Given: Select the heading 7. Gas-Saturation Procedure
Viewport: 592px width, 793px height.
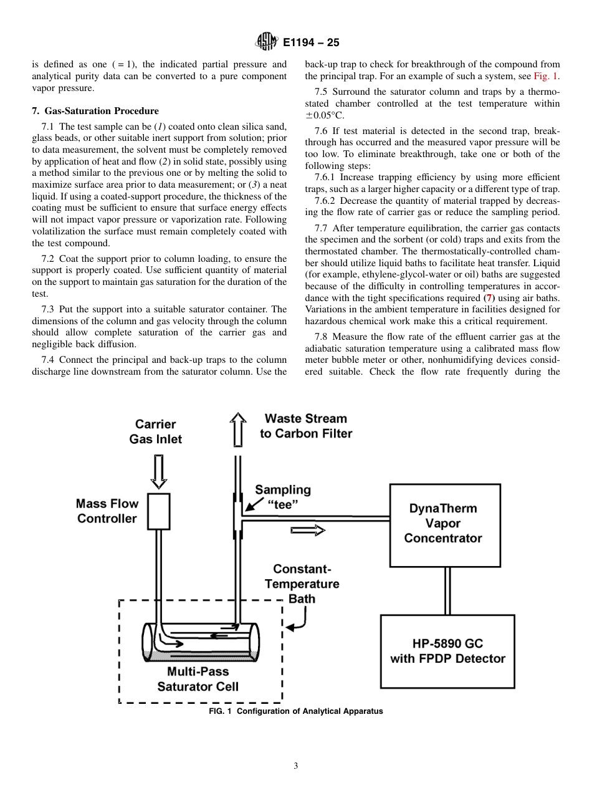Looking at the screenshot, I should (95, 111).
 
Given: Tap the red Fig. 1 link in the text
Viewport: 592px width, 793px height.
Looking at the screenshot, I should (546, 76).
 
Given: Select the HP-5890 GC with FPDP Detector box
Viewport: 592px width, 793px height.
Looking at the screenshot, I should (447, 651).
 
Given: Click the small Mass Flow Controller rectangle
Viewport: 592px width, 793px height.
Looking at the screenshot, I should (158, 511).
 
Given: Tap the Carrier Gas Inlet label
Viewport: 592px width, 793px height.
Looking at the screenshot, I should (155, 431).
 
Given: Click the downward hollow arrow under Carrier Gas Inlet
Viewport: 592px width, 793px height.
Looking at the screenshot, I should (158, 471).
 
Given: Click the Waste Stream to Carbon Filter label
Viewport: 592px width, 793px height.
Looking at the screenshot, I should (306, 426).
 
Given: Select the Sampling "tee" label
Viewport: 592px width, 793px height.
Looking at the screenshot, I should (282, 497).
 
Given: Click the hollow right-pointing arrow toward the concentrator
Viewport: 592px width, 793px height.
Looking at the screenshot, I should (308, 531).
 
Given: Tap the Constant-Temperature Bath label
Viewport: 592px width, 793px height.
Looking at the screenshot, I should (302, 584).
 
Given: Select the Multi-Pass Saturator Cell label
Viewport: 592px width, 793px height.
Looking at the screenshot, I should (198, 680).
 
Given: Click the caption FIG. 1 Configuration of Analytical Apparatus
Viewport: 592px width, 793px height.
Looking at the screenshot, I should (296, 711).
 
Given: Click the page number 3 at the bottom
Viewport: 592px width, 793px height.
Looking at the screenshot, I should (296, 766).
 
